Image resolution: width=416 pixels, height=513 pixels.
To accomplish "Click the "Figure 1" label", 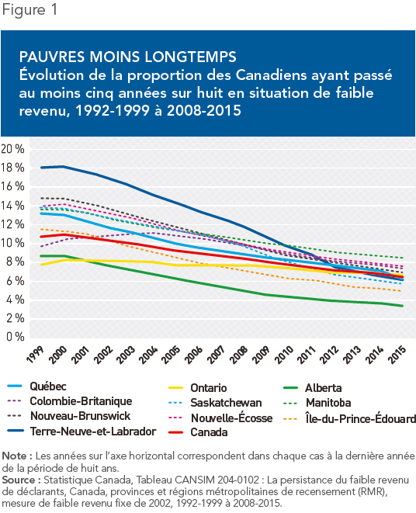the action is tap(29, 9).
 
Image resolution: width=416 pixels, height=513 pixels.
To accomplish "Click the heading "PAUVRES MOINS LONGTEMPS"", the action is tap(127, 57).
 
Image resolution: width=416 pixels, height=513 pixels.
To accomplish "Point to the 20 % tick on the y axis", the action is tap(12, 149).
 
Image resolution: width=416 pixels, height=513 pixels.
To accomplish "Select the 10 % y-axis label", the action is tap(12, 243).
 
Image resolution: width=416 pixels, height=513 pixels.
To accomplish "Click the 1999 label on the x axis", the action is tap(35, 355).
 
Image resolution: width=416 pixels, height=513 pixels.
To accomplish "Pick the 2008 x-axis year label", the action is tap(238, 355).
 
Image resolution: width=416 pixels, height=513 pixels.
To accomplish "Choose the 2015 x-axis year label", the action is tap(397, 355).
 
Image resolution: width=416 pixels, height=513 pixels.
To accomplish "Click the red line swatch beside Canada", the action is tap(175, 432).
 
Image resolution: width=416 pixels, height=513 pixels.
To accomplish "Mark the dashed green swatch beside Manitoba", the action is tap(290, 403).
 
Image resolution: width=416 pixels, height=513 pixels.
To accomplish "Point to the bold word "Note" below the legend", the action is tap(14, 456).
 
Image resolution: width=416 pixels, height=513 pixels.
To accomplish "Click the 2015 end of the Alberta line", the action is tap(403, 306).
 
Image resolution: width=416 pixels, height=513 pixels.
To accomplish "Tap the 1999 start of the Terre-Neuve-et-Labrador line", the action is tap(41, 168).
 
